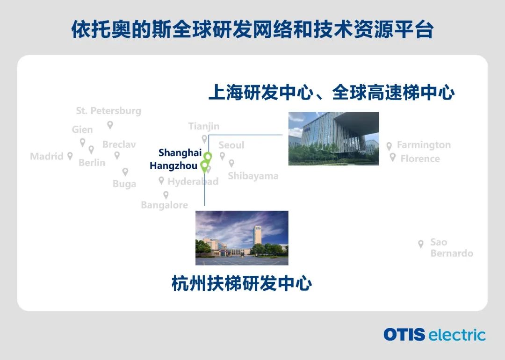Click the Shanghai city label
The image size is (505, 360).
[x=180, y=153]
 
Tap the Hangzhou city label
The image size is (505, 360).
[x=173, y=166]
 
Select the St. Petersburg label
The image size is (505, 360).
[x=108, y=111]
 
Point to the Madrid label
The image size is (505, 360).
[x=47, y=157]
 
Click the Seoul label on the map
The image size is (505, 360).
[x=231, y=145]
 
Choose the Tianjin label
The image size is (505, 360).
[x=204, y=126]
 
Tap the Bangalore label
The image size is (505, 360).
[x=165, y=205]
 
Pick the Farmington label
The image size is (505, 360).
[x=424, y=145]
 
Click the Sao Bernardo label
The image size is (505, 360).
[x=452, y=248]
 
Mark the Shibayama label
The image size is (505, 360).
[x=253, y=176]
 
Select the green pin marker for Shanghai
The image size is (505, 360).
[x=208, y=157]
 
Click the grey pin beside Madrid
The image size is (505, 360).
[x=70, y=156]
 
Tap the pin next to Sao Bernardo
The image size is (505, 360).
[x=421, y=244]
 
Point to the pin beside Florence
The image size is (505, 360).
[x=393, y=157]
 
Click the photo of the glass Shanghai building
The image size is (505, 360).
[x=334, y=139]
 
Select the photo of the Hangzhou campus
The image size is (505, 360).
[x=242, y=238]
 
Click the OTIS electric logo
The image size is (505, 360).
[x=434, y=335]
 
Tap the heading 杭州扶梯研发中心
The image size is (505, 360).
[x=242, y=283]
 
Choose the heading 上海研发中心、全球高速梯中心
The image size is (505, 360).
[x=332, y=93]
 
